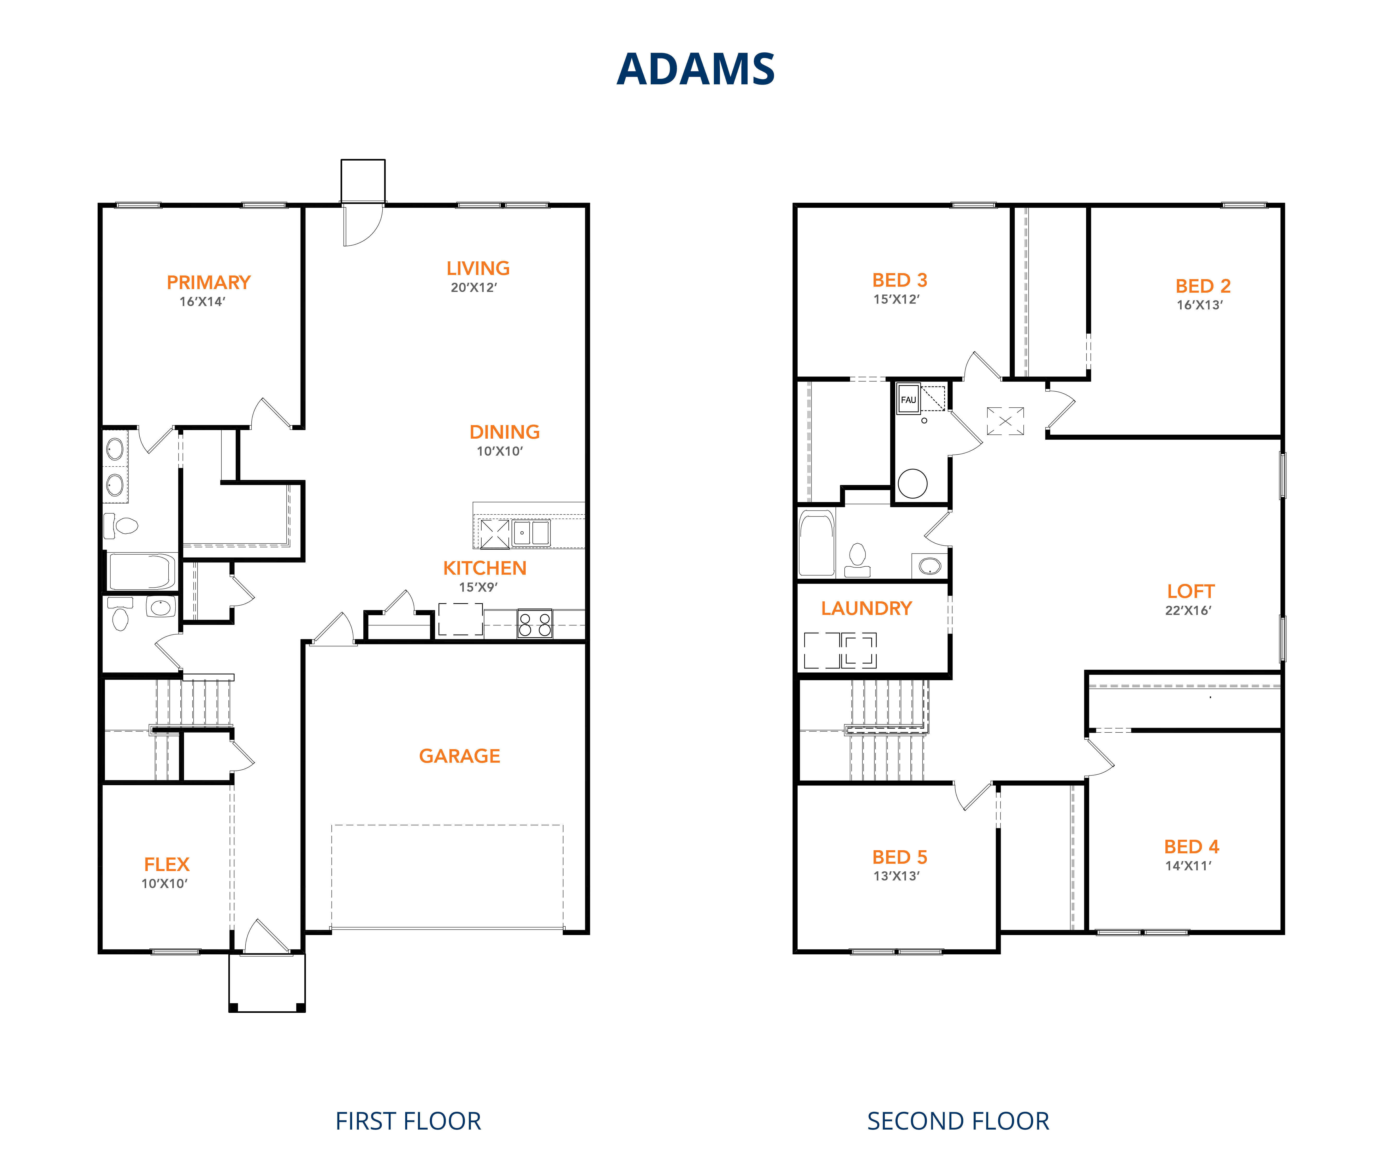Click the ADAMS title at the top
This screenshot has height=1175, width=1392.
(x=696, y=69)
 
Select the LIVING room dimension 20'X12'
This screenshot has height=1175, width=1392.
(x=474, y=288)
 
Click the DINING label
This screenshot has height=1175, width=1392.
(x=505, y=432)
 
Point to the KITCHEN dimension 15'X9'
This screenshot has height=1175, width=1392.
(x=478, y=587)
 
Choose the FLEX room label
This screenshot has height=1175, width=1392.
(x=167, y=865)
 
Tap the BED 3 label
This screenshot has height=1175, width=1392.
(x=899, y=280)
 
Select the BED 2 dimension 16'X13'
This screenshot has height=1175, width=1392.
(x=1200, y=305)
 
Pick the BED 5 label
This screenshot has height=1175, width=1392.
(x=899, y=857)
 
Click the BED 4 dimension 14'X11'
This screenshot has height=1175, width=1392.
(x=1188, y=866)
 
